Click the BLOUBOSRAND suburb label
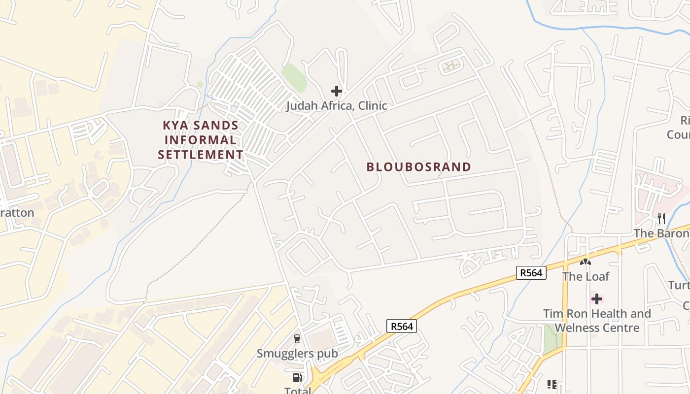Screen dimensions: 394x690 coord(418,167)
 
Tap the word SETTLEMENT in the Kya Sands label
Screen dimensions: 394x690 coord(201,155)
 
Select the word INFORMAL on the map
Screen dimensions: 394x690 coord(200,140)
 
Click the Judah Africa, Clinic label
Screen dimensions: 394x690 coord(337,106)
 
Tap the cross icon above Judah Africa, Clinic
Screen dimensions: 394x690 coord(337,91)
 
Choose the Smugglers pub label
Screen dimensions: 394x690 coord(297,353)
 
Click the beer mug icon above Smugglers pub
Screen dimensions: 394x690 coord(297,338)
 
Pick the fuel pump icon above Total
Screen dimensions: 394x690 coord(297,378)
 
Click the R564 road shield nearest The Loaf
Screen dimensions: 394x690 coord(531,273)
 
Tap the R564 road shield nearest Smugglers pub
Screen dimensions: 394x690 coord(402,326)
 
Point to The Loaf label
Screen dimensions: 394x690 coord(586,277)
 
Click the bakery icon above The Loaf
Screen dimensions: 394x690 coord(586,263)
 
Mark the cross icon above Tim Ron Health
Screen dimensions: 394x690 coord(597,299)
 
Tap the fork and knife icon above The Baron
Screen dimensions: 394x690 coord(661,219)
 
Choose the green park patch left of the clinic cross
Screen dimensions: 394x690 coord(294,76)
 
